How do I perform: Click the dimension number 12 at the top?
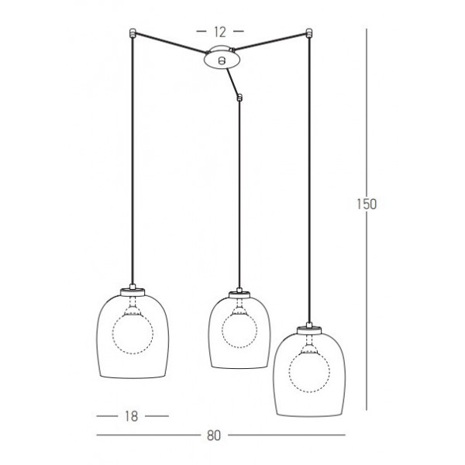(220, 32)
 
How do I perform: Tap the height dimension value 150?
(367, 204)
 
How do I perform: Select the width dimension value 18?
(132, 416)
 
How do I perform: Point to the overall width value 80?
(214, 436)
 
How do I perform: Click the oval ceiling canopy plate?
(221, 58)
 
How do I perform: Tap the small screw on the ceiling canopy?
(221, 60)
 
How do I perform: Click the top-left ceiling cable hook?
(133, 33)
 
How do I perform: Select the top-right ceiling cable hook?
(309, 33)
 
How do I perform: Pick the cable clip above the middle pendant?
(239, 98)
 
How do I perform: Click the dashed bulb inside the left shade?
(133, 333)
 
